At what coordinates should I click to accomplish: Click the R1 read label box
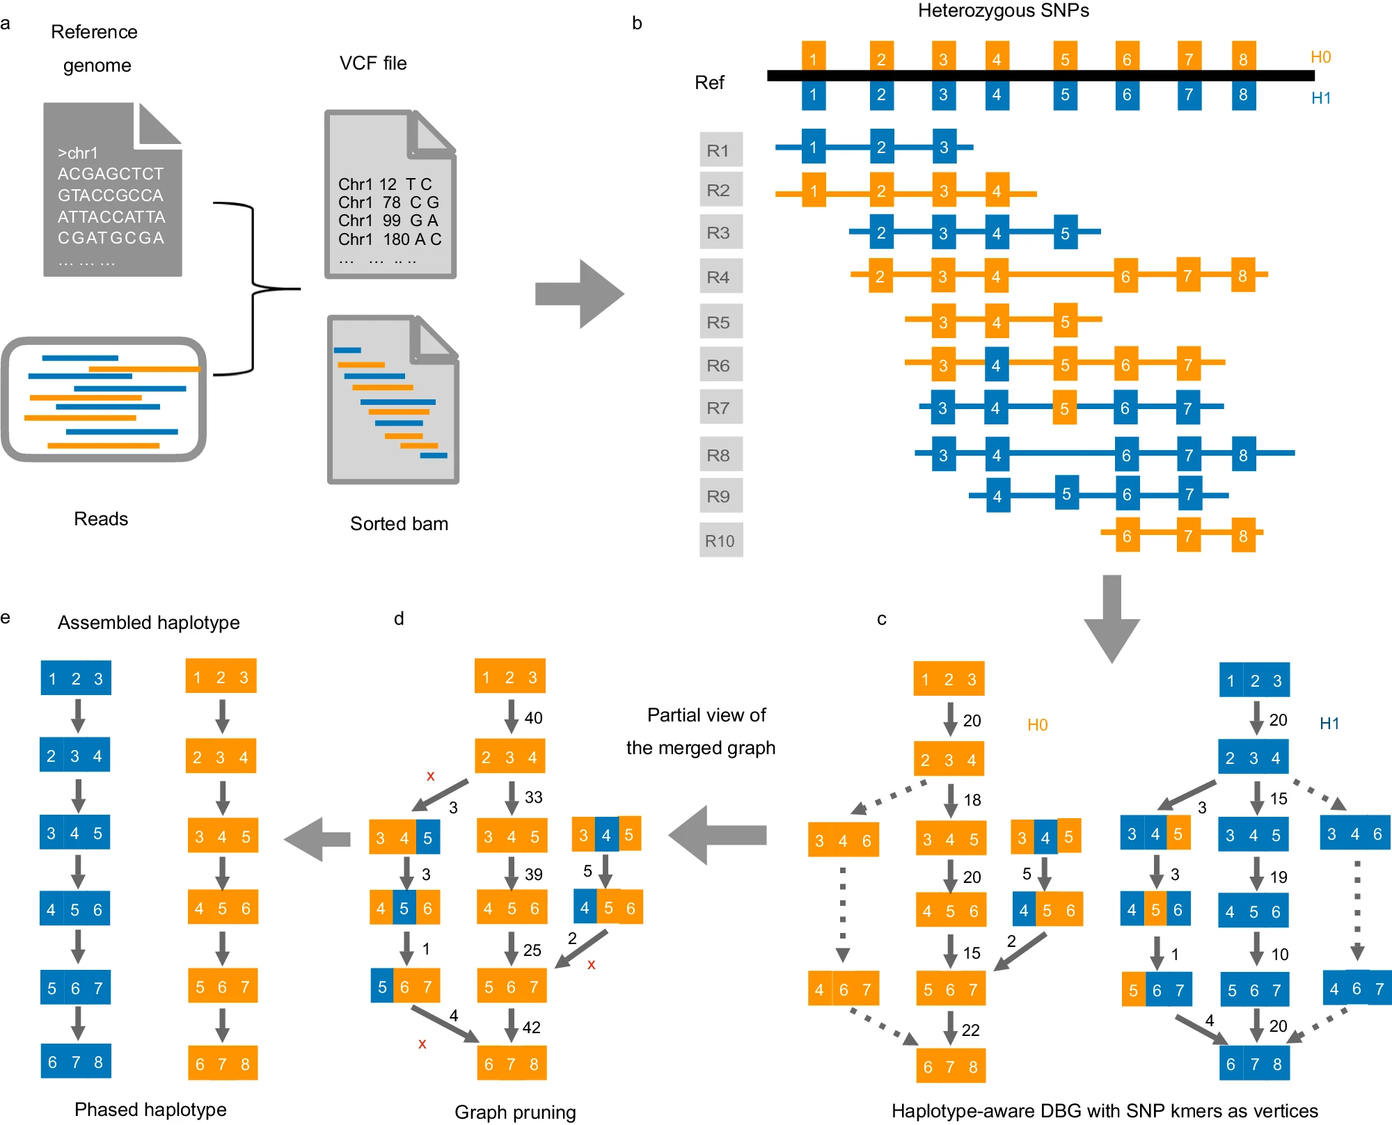[x=721, y=150]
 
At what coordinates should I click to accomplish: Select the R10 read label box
[x=721, y=540]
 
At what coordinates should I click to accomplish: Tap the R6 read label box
[x=721, y=365]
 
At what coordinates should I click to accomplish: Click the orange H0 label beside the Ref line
[x=1320, y=57]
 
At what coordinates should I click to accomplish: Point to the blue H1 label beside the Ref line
[x=1321, y=98]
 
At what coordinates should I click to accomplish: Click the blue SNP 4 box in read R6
[x=996, y=365]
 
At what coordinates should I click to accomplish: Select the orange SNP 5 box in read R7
[x=1064, y=408]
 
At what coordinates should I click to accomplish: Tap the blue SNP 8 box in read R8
[x=1244, y=454]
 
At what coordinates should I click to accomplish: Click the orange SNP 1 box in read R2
[x=814, y=191]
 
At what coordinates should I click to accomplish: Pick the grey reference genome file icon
[x=113, y=189]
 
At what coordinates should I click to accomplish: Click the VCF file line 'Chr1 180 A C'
[x=390, y=239]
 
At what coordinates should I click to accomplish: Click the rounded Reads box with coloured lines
[x=104, y=399]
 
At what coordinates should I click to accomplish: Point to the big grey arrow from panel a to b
[x=580, y=294]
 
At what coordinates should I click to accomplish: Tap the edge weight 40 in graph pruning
[x=533, y=718]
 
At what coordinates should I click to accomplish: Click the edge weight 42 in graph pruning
[x=531, y=1028]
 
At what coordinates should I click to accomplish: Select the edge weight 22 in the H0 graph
[x=970, y=1030]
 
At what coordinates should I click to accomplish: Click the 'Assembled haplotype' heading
[x=149, y=623]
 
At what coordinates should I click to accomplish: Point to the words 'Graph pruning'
[x=515, y=1112]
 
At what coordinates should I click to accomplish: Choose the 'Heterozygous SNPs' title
[x=1004, y=10]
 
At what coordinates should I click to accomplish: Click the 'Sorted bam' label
[x=399, y=524]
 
